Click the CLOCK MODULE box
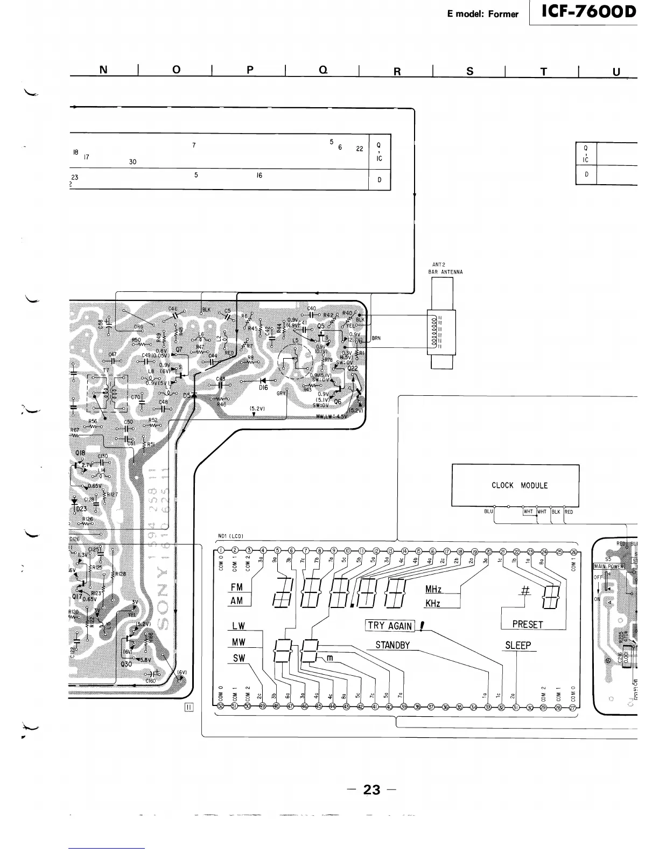515,485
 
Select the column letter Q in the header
324,70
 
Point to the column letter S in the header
470,71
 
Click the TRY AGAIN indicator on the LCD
390,626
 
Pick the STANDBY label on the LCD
392,645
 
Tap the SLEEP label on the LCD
518,645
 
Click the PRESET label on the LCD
528,625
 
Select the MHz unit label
433,590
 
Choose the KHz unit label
433,604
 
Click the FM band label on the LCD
236,588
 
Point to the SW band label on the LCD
239,658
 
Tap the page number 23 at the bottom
371,790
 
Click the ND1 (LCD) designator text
231,536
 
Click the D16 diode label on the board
263,387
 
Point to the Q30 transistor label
127,664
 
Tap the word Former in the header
503,14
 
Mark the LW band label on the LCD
239,626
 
